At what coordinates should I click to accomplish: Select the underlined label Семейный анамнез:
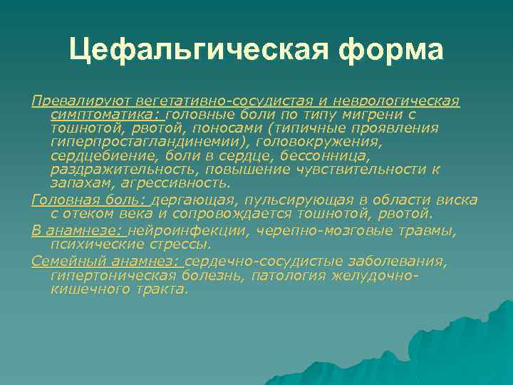pyautogui.click(x=107, y=262)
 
